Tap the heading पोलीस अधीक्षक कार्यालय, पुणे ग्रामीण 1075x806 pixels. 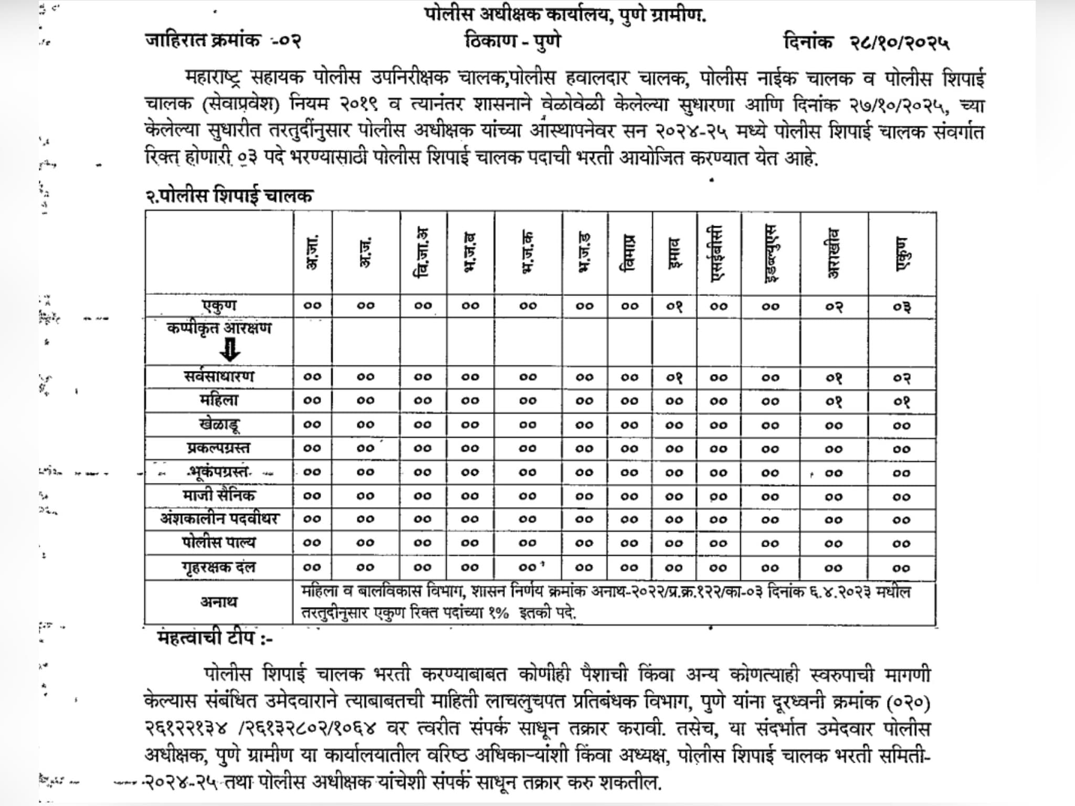point(565,15)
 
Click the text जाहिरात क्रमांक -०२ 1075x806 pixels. point(223,40)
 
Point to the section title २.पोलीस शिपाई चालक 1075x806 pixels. point(229,196)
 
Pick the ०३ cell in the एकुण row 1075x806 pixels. point(902,306)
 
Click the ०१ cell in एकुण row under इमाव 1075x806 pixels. point(674,306)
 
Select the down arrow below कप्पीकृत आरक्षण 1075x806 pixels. point(230,349)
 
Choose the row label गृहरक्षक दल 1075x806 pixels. point(219,567)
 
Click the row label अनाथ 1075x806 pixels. point(219,602)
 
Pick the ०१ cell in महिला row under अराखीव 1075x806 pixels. point(834,401)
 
